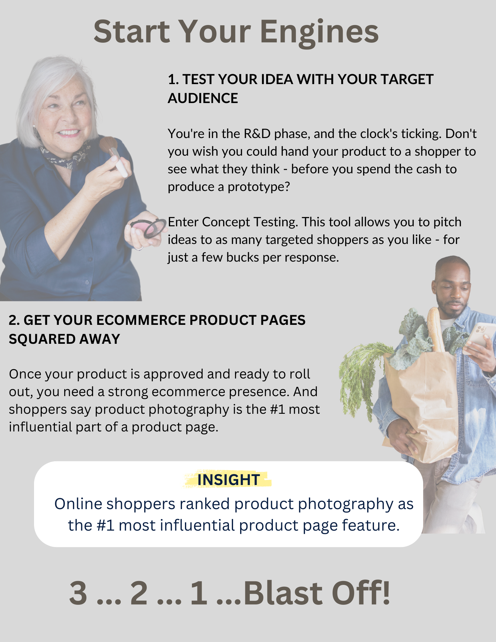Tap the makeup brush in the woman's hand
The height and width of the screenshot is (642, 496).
pos(114,155)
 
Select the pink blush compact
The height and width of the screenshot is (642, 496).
pos(148,228)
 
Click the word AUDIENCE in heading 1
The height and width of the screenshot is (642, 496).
pos(203,98)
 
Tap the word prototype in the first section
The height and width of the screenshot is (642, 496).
pos(259,187)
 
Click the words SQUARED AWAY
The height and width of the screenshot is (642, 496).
pos(65,339)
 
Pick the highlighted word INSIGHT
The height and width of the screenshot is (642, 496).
pos(229,480)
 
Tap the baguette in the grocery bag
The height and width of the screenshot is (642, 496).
pos(436,329)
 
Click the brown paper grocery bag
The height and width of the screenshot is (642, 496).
pos(421,404)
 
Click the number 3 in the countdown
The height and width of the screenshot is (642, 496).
pos(78,593)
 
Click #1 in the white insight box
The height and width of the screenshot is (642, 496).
pos(106,525)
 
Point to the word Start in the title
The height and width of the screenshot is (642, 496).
pos(132,32)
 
